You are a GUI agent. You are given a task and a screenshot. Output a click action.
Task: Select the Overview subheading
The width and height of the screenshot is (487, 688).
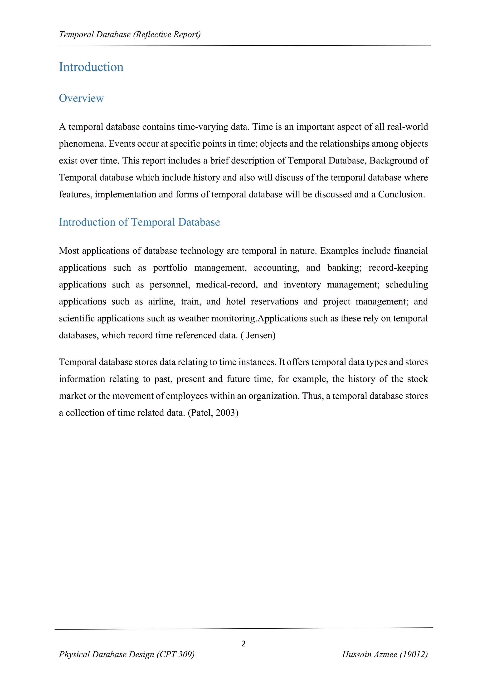click(81, 98)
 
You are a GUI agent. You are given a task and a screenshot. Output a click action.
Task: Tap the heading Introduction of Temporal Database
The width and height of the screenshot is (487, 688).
click(139, 222)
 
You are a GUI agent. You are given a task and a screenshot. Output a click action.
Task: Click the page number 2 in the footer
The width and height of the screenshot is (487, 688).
click(243, 644)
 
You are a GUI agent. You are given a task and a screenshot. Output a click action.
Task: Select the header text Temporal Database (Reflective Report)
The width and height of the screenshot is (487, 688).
click(130, 35)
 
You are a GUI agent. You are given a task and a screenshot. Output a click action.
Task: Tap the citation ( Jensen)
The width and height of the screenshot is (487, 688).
click(258, 335)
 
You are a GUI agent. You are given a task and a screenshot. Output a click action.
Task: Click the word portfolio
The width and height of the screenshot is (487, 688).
click(170, 268)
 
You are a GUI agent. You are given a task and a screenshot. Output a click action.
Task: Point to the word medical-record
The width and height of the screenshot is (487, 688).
click(227, 285)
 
